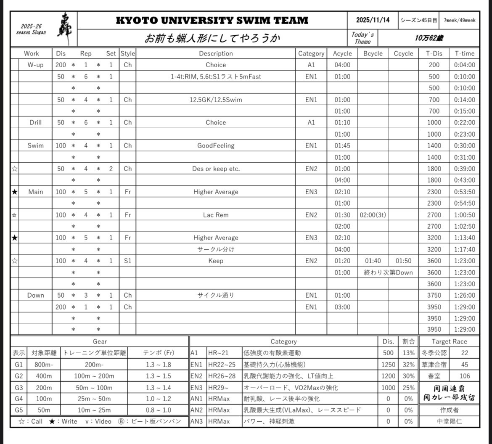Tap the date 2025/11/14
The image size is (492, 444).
click(373, 20)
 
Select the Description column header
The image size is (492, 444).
click(216, 53)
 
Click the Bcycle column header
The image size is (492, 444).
click(373, 53)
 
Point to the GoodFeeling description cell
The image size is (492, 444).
click(216, 145)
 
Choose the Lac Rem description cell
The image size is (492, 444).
click(216, 215)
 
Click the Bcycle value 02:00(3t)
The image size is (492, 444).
click(373, 215)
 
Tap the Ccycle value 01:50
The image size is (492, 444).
click(403, 261)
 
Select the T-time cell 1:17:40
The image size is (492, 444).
click(464, 249)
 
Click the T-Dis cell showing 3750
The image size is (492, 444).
click(434, 295)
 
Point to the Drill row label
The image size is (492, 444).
click(35, 122)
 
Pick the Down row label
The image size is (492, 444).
click(35, 295)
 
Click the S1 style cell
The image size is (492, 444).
click(128, 261)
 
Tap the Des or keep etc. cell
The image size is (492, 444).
click(216, 169)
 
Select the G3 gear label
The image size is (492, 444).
click(19, 388)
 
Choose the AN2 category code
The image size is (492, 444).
click(197, 410)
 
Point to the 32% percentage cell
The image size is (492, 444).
click(408, 365)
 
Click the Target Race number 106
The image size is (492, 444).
click(464, 376)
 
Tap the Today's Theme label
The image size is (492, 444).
click(362, 38)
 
